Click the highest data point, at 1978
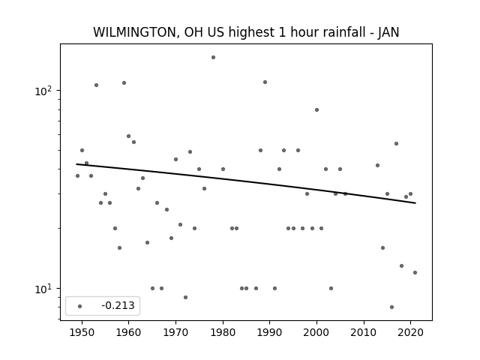213,57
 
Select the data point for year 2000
316,110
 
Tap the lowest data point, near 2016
391,307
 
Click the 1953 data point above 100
96,85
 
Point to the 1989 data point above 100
265,82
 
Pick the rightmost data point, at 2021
415,272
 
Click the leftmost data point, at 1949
77,175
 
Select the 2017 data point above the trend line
397,143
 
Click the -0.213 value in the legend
118,305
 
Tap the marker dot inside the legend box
80,306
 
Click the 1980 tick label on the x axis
223,332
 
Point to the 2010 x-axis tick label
364,332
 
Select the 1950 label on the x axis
82,332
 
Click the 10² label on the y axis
44,91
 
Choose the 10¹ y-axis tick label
44,289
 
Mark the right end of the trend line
415,203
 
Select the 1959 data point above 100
124,82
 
